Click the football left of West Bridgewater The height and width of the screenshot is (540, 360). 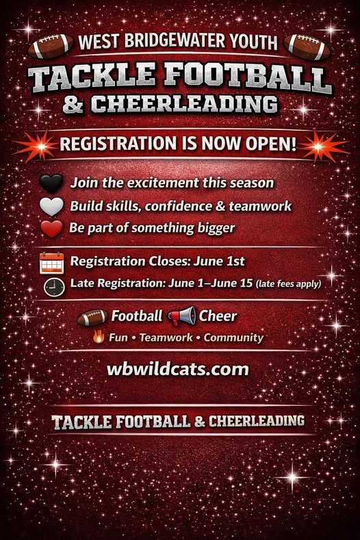pyautogui.click(x=51, y=45)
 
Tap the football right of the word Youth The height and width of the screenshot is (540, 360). pyautogui.click(x=307, y=47)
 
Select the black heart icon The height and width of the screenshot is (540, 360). pyautogui.click(x=51, y=183)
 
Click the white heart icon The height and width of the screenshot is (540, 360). pyautogui.click(x=51, y=206)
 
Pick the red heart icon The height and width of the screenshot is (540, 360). pyautogui.click(x=51, y=229)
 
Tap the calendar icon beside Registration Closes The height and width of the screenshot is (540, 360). pyautogui.click(x=52, y=263)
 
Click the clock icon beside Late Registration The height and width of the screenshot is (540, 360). pyautogui.click(x=55, y=287)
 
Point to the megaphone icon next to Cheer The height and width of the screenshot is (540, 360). pyautogui.click(x=182, y=316)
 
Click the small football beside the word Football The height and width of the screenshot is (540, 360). pyautogui.click(x=92, y=317)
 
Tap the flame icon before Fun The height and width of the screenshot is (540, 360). pyautogui.click(x=99, y=336)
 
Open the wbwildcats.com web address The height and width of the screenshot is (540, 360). pyautogui.click(x=178, y=369)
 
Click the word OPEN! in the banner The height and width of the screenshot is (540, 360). pyautogui.click(x=271, y=143)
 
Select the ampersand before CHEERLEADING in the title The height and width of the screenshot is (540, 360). pyautogui.click(x=73, y=104)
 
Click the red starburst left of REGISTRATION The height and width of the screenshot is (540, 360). pyautogui.click(x=39, y=146)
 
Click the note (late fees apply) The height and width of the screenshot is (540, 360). pyautogui.click(x=289, y=284)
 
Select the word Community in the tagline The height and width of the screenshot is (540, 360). pyautogui.click(x=233, y=337)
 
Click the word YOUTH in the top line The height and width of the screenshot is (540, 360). pyautogui.click(x=253, y=41)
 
